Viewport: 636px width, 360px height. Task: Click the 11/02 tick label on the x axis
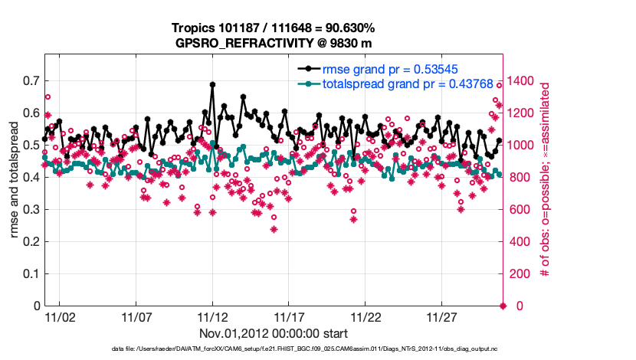[x=60, y=317]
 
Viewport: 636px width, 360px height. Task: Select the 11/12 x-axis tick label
[x=212, y=317]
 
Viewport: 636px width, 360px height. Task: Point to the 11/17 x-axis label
[x=289, y=317]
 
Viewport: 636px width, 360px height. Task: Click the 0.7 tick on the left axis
[x=31, y=80]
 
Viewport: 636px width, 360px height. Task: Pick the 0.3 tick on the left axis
[x=31, y=209]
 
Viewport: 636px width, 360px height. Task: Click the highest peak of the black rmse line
[x=212, y=84]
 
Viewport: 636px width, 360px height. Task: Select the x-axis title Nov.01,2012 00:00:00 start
[x=274, y=333]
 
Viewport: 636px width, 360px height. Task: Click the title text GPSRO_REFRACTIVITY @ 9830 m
[x=274, y=42]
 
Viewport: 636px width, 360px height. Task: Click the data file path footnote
[x=274, y=349]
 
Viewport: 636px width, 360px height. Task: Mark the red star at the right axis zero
[x=503, y=306]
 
